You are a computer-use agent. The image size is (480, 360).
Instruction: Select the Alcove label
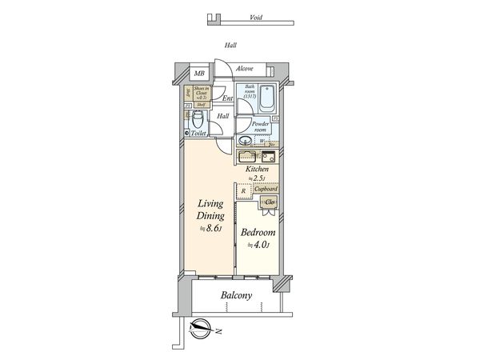point(245,69)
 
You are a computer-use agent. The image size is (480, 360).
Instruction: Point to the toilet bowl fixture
point(196,122)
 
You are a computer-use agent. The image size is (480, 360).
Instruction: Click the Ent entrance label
point(228,99)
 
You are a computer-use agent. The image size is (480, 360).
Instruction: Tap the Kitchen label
point(256,170)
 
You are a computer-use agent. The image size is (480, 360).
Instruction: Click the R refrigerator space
point(244,191)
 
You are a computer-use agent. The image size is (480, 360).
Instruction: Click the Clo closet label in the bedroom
point(270,203)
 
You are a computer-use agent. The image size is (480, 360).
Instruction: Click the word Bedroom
point(258,233)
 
